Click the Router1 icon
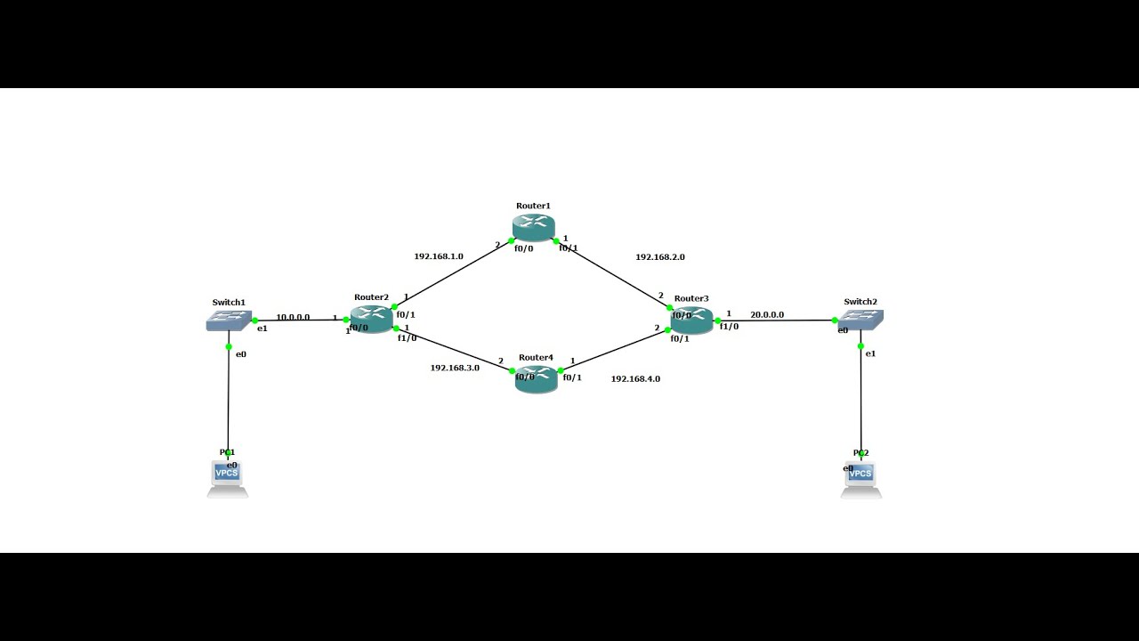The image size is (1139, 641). coord(534,228)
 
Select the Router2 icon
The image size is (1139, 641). coord(371,319)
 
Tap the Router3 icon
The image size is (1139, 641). coord(692,320)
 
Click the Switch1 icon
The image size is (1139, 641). coord(229,320)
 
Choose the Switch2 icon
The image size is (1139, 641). coord(860,320)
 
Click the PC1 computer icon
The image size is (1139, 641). coord(228,478)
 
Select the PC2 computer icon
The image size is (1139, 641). coord(860,479)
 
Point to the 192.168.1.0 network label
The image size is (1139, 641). coord(438,256)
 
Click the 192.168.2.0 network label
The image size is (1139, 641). coord(659,257)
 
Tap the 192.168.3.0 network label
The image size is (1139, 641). coord(455,368)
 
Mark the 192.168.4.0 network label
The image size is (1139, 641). coord(635,379)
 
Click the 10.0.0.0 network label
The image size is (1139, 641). coord(293,317)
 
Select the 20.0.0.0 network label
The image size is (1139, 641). coord(767,315)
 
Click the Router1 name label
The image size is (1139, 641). coord(533,206)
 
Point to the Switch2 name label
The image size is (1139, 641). coord(860,302)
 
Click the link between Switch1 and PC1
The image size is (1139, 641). coord(229,401)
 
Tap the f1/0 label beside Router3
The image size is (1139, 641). coord(729,327)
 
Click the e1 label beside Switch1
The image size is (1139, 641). coord(263,329)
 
